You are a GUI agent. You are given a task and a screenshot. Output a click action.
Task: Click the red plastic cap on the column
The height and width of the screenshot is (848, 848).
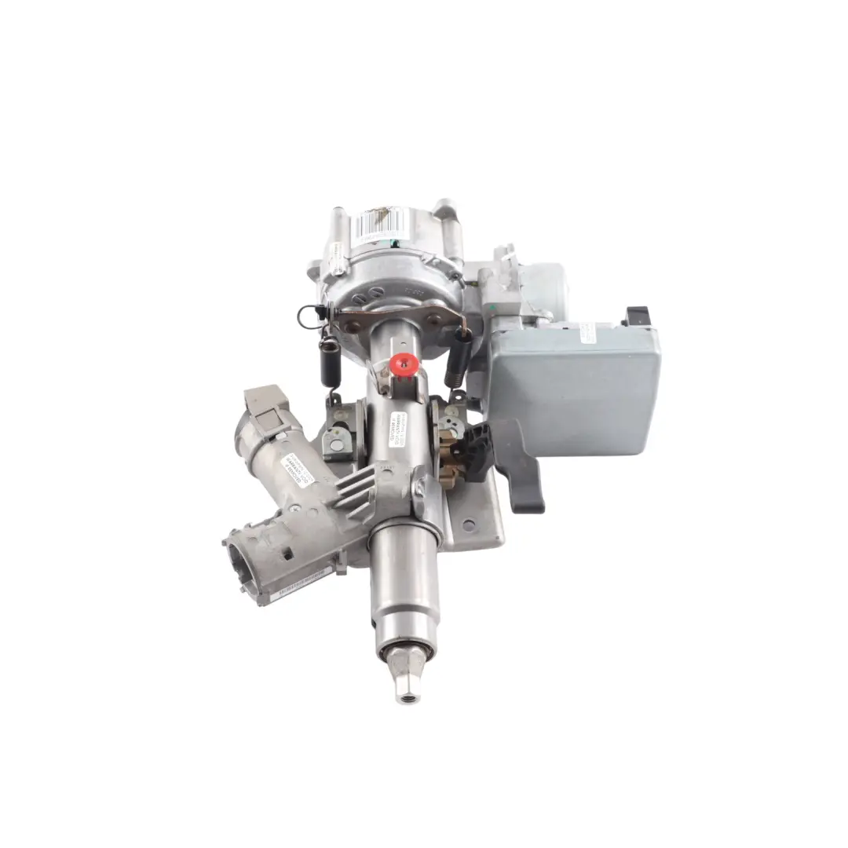pyautogui.click(x=404, y=363)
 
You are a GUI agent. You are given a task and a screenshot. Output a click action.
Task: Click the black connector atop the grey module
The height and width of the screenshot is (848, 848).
pyautogui.click(x=637, y=316)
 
